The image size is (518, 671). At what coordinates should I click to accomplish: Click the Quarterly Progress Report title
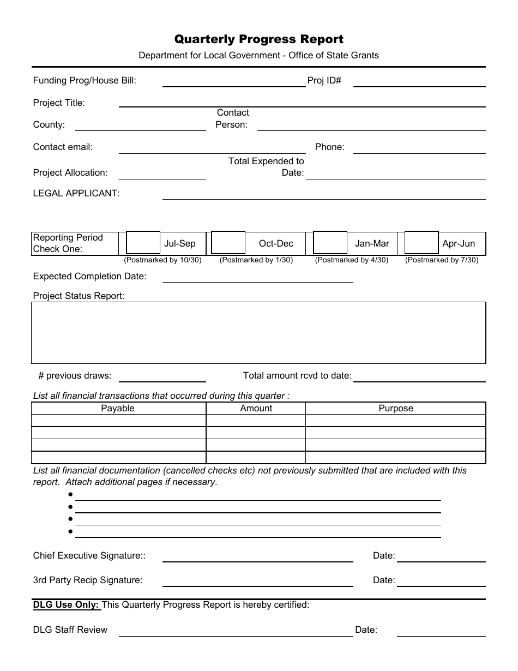(258, 39)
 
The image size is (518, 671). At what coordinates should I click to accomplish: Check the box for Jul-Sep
(143, 243)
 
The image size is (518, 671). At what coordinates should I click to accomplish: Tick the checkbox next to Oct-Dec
(228, 243)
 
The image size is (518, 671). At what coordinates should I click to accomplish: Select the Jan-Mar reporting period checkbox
(330, 243)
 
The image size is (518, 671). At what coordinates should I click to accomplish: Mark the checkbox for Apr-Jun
(421, 243)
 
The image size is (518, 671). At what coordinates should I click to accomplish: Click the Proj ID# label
(324, 81)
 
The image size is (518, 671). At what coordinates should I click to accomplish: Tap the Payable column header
(118, 409)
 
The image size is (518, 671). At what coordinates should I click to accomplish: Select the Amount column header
(256, 409)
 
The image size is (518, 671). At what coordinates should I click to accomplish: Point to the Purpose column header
(395, 409)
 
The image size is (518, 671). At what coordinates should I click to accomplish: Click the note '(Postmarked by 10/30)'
(162, 260)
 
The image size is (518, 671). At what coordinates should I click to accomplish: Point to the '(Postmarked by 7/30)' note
(442, 260)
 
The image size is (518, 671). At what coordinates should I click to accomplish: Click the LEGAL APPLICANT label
(76, 193)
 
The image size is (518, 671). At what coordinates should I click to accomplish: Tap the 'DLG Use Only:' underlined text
(66, 605)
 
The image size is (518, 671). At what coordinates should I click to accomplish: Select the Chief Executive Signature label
(89, 556)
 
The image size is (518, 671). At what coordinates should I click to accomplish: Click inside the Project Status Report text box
(258, 333)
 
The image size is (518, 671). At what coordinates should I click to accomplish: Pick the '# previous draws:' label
(75, 376)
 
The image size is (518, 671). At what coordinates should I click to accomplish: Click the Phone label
(329, 147)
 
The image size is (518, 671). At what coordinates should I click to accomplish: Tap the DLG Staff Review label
(70, 630)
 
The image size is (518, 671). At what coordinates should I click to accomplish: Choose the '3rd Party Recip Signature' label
(88, 580)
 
